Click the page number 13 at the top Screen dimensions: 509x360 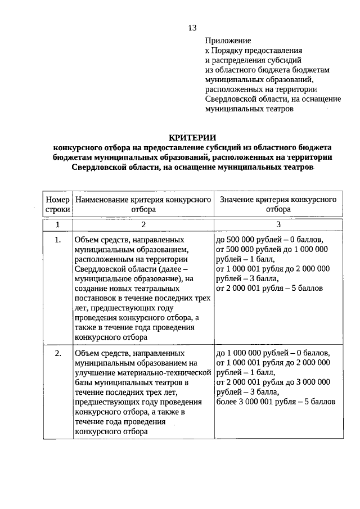tap(192, 28)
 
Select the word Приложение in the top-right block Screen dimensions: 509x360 tap(228, 40)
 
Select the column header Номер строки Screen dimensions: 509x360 tap(57, 204)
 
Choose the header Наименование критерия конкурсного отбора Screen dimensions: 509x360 tap(143, 204)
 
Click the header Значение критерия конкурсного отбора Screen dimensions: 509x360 tap(278, 204)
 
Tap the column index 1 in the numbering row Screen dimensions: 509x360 tap(57, 225)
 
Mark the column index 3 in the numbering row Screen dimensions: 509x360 tap(278, 225)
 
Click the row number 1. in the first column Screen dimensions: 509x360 tap(57, 240)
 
